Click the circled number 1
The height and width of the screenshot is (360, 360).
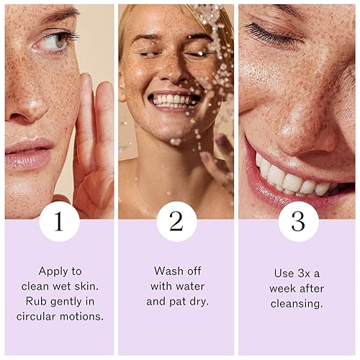coord(59,221)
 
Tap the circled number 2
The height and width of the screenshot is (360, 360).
coord(177,221)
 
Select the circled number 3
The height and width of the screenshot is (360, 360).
coord(299,221)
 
